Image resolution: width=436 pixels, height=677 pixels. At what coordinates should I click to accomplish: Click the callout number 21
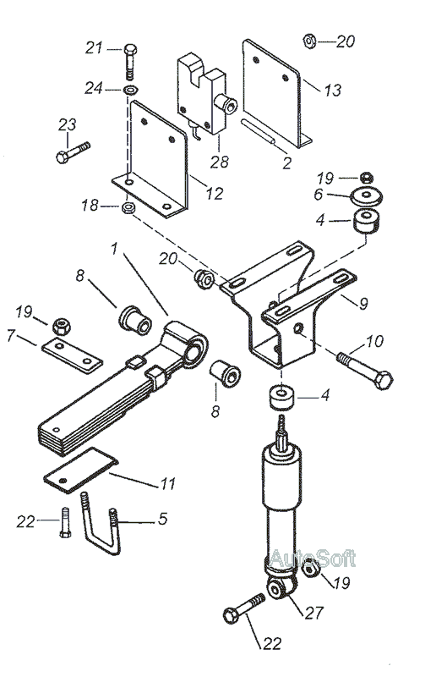click(x=94, y=48)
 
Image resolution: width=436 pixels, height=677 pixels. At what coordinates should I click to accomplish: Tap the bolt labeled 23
click(x=73, y=151)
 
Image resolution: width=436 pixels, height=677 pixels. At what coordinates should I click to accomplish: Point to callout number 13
click(x=333, y=91)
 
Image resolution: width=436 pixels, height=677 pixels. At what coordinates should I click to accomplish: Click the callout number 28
click(x=220, y=162)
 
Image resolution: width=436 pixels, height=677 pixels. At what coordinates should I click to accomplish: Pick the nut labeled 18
click(x=128, y=207)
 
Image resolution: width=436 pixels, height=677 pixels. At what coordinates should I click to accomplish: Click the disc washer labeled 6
click(x=367, y=196)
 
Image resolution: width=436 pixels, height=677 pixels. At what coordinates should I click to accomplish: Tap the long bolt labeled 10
click(x=364, y=371)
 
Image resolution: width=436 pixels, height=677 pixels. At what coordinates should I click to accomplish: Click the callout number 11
click(x=168, y=483)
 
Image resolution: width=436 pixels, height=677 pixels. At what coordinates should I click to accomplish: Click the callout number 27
click(x=314, y=613)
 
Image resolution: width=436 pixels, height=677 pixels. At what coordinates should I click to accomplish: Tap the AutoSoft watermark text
click(x=312, y=559)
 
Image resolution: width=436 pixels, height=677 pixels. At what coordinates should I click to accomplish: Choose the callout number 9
click(x=363, y=304)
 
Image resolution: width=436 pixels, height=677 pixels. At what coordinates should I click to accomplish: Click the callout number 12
click(x=215, y=194)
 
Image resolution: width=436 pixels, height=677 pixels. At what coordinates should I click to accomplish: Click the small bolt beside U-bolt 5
click(x=65, y=522)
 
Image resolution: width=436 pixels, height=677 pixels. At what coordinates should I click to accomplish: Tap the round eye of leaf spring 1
click(x=197, y=349)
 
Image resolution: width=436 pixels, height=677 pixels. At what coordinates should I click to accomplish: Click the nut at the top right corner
click(x=309, y=41)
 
